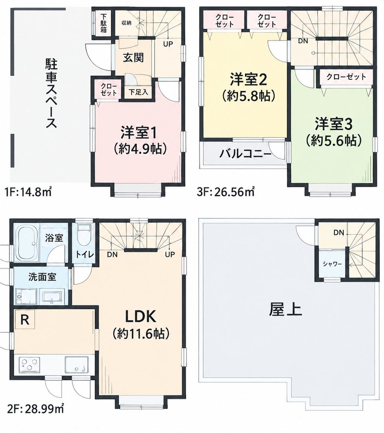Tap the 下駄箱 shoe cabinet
[x=103, y=23]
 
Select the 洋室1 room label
[x=138, y=133]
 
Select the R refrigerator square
[x=25, y=319]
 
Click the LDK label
[x=141, y=316]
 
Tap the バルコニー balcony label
[x=245, y=154]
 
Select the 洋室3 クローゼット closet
[x=346, y=77]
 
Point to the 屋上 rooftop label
[x=285, y=310]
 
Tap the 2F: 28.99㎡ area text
[x=34, y=408]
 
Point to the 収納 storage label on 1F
[x=126, y=23]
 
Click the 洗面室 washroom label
[x=42, y=277]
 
